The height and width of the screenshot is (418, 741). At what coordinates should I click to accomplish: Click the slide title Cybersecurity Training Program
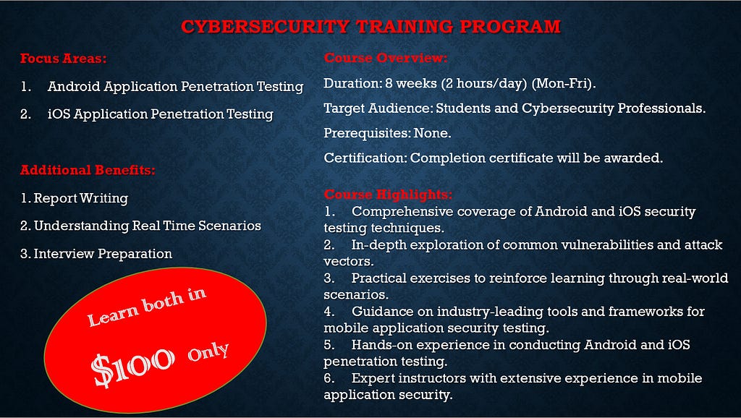click(x=371, y=27)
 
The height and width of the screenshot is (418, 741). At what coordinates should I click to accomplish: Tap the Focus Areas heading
click(x=64, y=59)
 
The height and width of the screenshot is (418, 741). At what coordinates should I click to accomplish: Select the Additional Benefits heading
click(x=88, y=170)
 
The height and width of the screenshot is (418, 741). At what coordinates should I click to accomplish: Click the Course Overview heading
click(x=386, y=58)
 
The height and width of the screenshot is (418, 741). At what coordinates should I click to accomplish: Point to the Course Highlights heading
click(x=388, y=195)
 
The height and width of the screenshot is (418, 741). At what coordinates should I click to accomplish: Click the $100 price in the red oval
click(x=133, y=367)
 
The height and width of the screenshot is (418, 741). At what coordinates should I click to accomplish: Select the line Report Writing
click(x=75, y=198)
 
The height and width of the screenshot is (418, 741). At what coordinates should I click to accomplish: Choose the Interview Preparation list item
click(x=96, y=254)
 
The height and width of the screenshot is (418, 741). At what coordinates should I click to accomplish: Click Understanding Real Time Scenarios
click(x=141, y=226)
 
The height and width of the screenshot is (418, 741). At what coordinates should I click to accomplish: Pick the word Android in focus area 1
click(x=75, y=87)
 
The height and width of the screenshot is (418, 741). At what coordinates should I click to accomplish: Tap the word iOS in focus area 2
click(x=59, y=114)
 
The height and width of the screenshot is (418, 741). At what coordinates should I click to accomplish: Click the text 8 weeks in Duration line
click(x=411, y=84)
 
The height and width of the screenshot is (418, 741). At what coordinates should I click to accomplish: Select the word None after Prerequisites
click(x=433, y=134)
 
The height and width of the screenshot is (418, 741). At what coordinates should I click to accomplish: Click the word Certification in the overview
click(x=365, y=158)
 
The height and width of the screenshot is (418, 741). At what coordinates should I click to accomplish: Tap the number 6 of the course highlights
click(x=329, y=378)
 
